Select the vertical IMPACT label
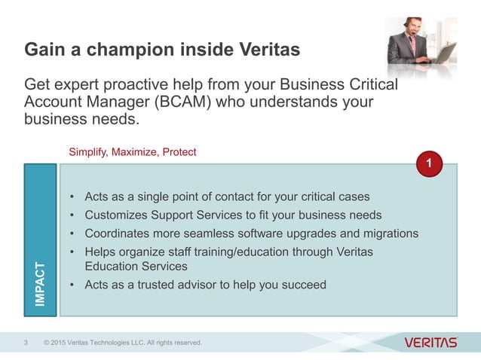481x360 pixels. [41, 283]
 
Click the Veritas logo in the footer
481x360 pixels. [430, 343]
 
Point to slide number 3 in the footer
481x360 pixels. [26, 343]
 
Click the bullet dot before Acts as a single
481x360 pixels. [72, 197]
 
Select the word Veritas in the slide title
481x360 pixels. [263, 50]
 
